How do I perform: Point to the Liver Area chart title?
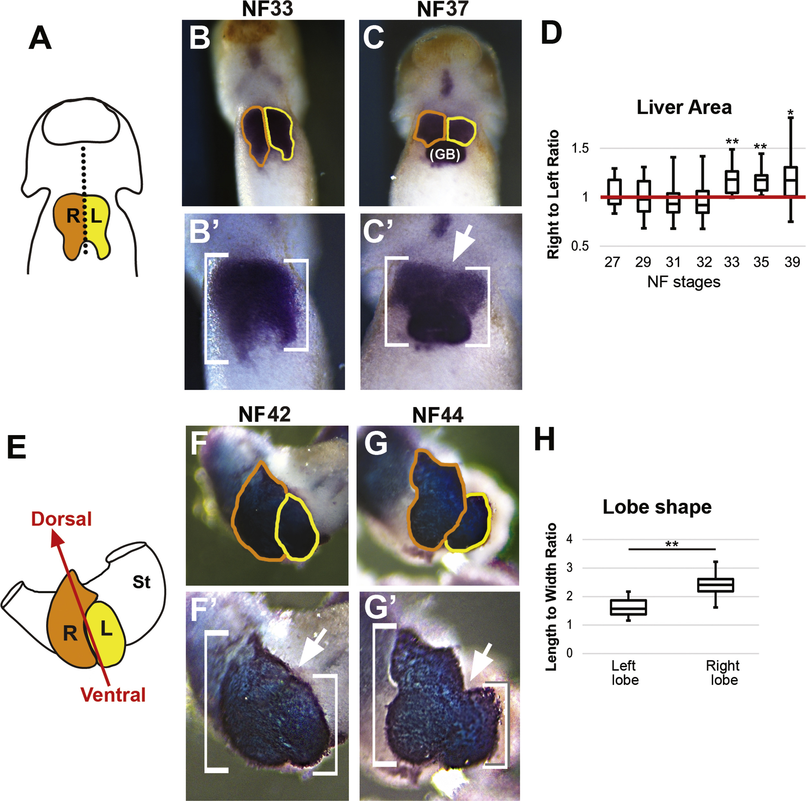pos(684,108)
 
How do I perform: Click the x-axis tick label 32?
pos(704,262)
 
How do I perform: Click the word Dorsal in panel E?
pos(61,519)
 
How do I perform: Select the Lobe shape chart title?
pos(657,507)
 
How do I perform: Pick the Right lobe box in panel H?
pos(715,585)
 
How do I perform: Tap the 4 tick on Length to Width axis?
pos(569,539)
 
